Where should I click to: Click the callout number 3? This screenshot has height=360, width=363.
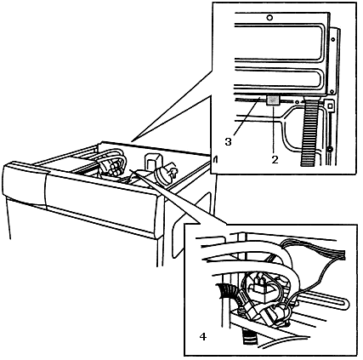tap(228, 141)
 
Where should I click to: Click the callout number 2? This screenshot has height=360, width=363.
tap(275, 159)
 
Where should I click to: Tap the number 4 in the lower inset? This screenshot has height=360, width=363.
tap(203, 337)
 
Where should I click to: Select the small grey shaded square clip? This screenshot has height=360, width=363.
tap(274, 100)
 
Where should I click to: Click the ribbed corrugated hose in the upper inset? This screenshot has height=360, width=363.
tap(311, 130)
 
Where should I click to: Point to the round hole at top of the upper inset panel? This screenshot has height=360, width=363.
tap(269, 18)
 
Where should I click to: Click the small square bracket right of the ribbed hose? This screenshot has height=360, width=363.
tap(329, 106)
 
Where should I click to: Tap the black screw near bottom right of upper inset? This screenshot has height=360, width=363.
tap(329, 149)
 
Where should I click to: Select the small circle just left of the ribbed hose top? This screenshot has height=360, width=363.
tap(297, 102)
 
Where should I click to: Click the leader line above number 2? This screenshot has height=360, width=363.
tap(274, 129)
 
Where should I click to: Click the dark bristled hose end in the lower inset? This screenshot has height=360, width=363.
tap(227, 292)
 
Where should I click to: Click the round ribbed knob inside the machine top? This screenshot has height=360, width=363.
tap(162, 175)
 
